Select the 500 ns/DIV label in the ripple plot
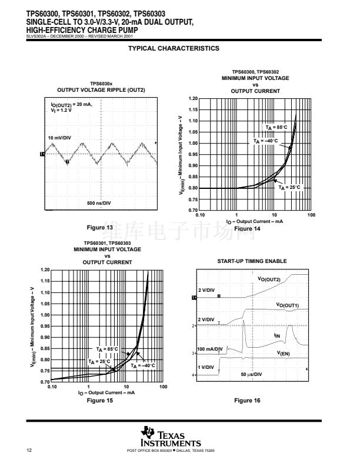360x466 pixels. click(x=99, y=203)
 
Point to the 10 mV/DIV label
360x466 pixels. click(x=59, y=138)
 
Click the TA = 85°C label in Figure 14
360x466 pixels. click(x=276, y=127)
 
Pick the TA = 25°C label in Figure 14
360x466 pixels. click(x=289, y=187)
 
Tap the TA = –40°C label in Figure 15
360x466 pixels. click(x=143, y=365)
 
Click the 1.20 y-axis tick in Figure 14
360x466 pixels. click(x=193, y=98)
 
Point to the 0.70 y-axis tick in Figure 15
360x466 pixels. click(x=45, y=382)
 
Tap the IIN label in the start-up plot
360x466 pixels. click(x=277, y=335)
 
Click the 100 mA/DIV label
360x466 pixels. click(x=209, y=349)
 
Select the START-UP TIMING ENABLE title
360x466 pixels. click(x=251, y=261)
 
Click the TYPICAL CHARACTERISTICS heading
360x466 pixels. click(x=174, y=48)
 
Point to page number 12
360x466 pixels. click(x=29, y=451)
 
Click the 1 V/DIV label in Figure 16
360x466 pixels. click(x=205, y=367)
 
